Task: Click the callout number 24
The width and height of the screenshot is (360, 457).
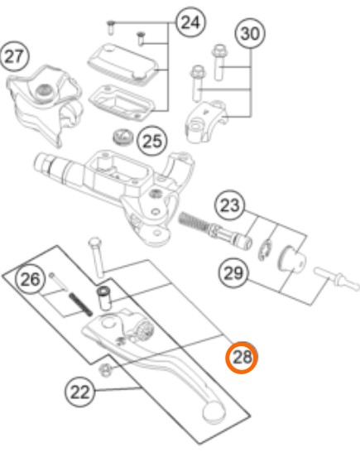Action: coord(190,22)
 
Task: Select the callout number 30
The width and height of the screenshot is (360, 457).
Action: coord(250,33)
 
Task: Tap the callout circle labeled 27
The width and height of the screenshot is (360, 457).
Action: coord(14,56)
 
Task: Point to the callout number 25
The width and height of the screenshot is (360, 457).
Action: coord(152,142)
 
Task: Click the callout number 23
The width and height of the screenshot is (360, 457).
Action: coord(230,206)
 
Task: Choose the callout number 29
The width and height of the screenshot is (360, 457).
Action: coord(233,273)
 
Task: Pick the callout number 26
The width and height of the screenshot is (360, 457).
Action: coord(31,279)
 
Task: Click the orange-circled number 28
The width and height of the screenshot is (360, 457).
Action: coord(242,357)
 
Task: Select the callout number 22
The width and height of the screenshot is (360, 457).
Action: coord(79,392)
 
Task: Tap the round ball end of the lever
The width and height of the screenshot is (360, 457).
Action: coord(214,411)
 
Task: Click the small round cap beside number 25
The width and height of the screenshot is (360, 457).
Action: coord(123,137)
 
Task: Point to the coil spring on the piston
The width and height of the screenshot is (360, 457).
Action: coord(193,221)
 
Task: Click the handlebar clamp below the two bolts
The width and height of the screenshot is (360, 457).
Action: coord(207,121)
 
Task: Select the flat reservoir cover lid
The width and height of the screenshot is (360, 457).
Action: coord(123,64)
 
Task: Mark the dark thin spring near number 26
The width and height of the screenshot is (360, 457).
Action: coord(80,305)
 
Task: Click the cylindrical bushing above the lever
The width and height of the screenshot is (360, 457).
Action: coord(104,298)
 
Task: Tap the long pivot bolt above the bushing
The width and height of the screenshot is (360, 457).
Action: coord(97,257)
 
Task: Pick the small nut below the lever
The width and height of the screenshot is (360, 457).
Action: coord(105,370)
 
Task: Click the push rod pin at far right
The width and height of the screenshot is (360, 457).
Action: coord(336,279)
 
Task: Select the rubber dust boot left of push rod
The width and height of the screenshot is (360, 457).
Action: coord(292,259)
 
